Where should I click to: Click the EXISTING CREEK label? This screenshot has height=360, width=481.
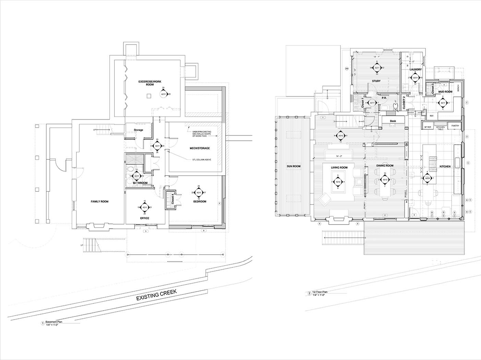click(156, 295)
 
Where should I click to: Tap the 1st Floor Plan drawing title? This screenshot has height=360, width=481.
click(318, 292)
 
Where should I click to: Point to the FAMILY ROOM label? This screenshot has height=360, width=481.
click(99, 202)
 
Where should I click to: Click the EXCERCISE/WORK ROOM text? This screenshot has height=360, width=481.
click(150, 83)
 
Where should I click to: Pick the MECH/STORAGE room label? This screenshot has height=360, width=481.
click(200, 148)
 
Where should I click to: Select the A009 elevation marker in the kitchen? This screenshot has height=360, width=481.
click(427, 179)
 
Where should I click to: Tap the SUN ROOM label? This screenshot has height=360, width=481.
click(293, 166)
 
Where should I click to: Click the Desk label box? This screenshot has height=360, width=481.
click(393, 121)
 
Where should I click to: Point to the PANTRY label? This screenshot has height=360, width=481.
click(455, 126)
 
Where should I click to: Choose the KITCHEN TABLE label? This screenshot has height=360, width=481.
click(441, 128)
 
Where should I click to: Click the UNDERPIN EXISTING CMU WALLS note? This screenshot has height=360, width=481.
click(202, 134)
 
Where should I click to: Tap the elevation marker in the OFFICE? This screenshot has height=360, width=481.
click(145, 207)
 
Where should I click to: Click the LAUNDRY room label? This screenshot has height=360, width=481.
click(416, 70)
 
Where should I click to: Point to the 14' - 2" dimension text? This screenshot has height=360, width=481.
click(339, 156)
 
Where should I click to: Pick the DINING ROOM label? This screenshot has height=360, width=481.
click(385, 166)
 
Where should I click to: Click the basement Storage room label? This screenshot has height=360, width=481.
click(138, 130)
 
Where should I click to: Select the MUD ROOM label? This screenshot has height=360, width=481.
click(445, 92)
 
